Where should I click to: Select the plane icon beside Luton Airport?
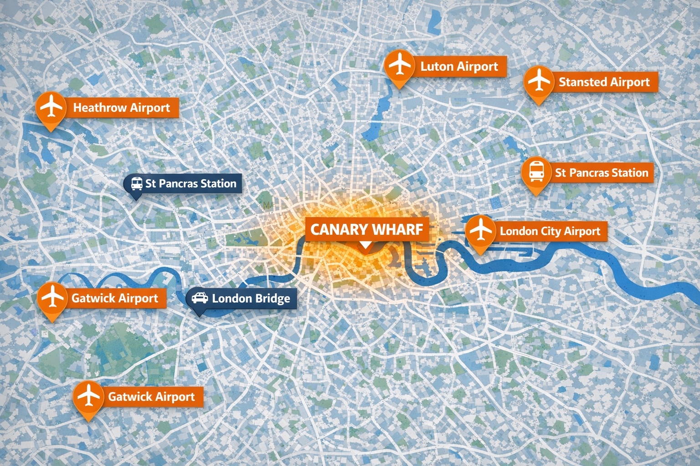399,65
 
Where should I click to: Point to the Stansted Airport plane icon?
539,81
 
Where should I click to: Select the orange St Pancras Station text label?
601,173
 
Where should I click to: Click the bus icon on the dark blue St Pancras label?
136,183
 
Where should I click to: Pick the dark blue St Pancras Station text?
190,183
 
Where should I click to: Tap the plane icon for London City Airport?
480,230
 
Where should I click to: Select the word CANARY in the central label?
338,229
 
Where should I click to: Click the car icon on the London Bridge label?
199,298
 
